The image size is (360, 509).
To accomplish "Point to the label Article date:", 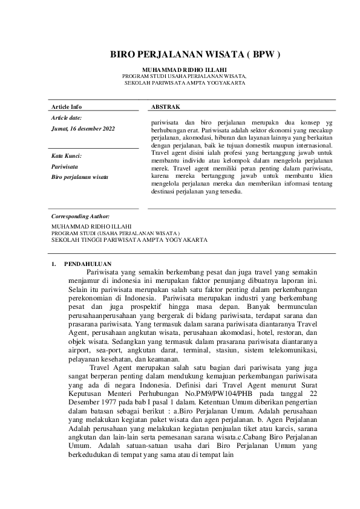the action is coord(67,117).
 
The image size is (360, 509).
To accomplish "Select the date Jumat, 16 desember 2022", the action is coord(83,129).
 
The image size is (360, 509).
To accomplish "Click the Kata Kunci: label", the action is coord(67,156).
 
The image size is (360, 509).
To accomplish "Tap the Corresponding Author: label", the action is coord(80,216).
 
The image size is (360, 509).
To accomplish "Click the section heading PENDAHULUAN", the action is coord(87,264).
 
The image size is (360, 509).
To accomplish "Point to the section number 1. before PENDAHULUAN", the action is coord(54,264).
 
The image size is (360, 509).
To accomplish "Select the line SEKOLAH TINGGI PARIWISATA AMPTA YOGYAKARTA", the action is coord(129,239).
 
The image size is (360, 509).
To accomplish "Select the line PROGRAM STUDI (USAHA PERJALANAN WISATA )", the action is coord(116,232).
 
